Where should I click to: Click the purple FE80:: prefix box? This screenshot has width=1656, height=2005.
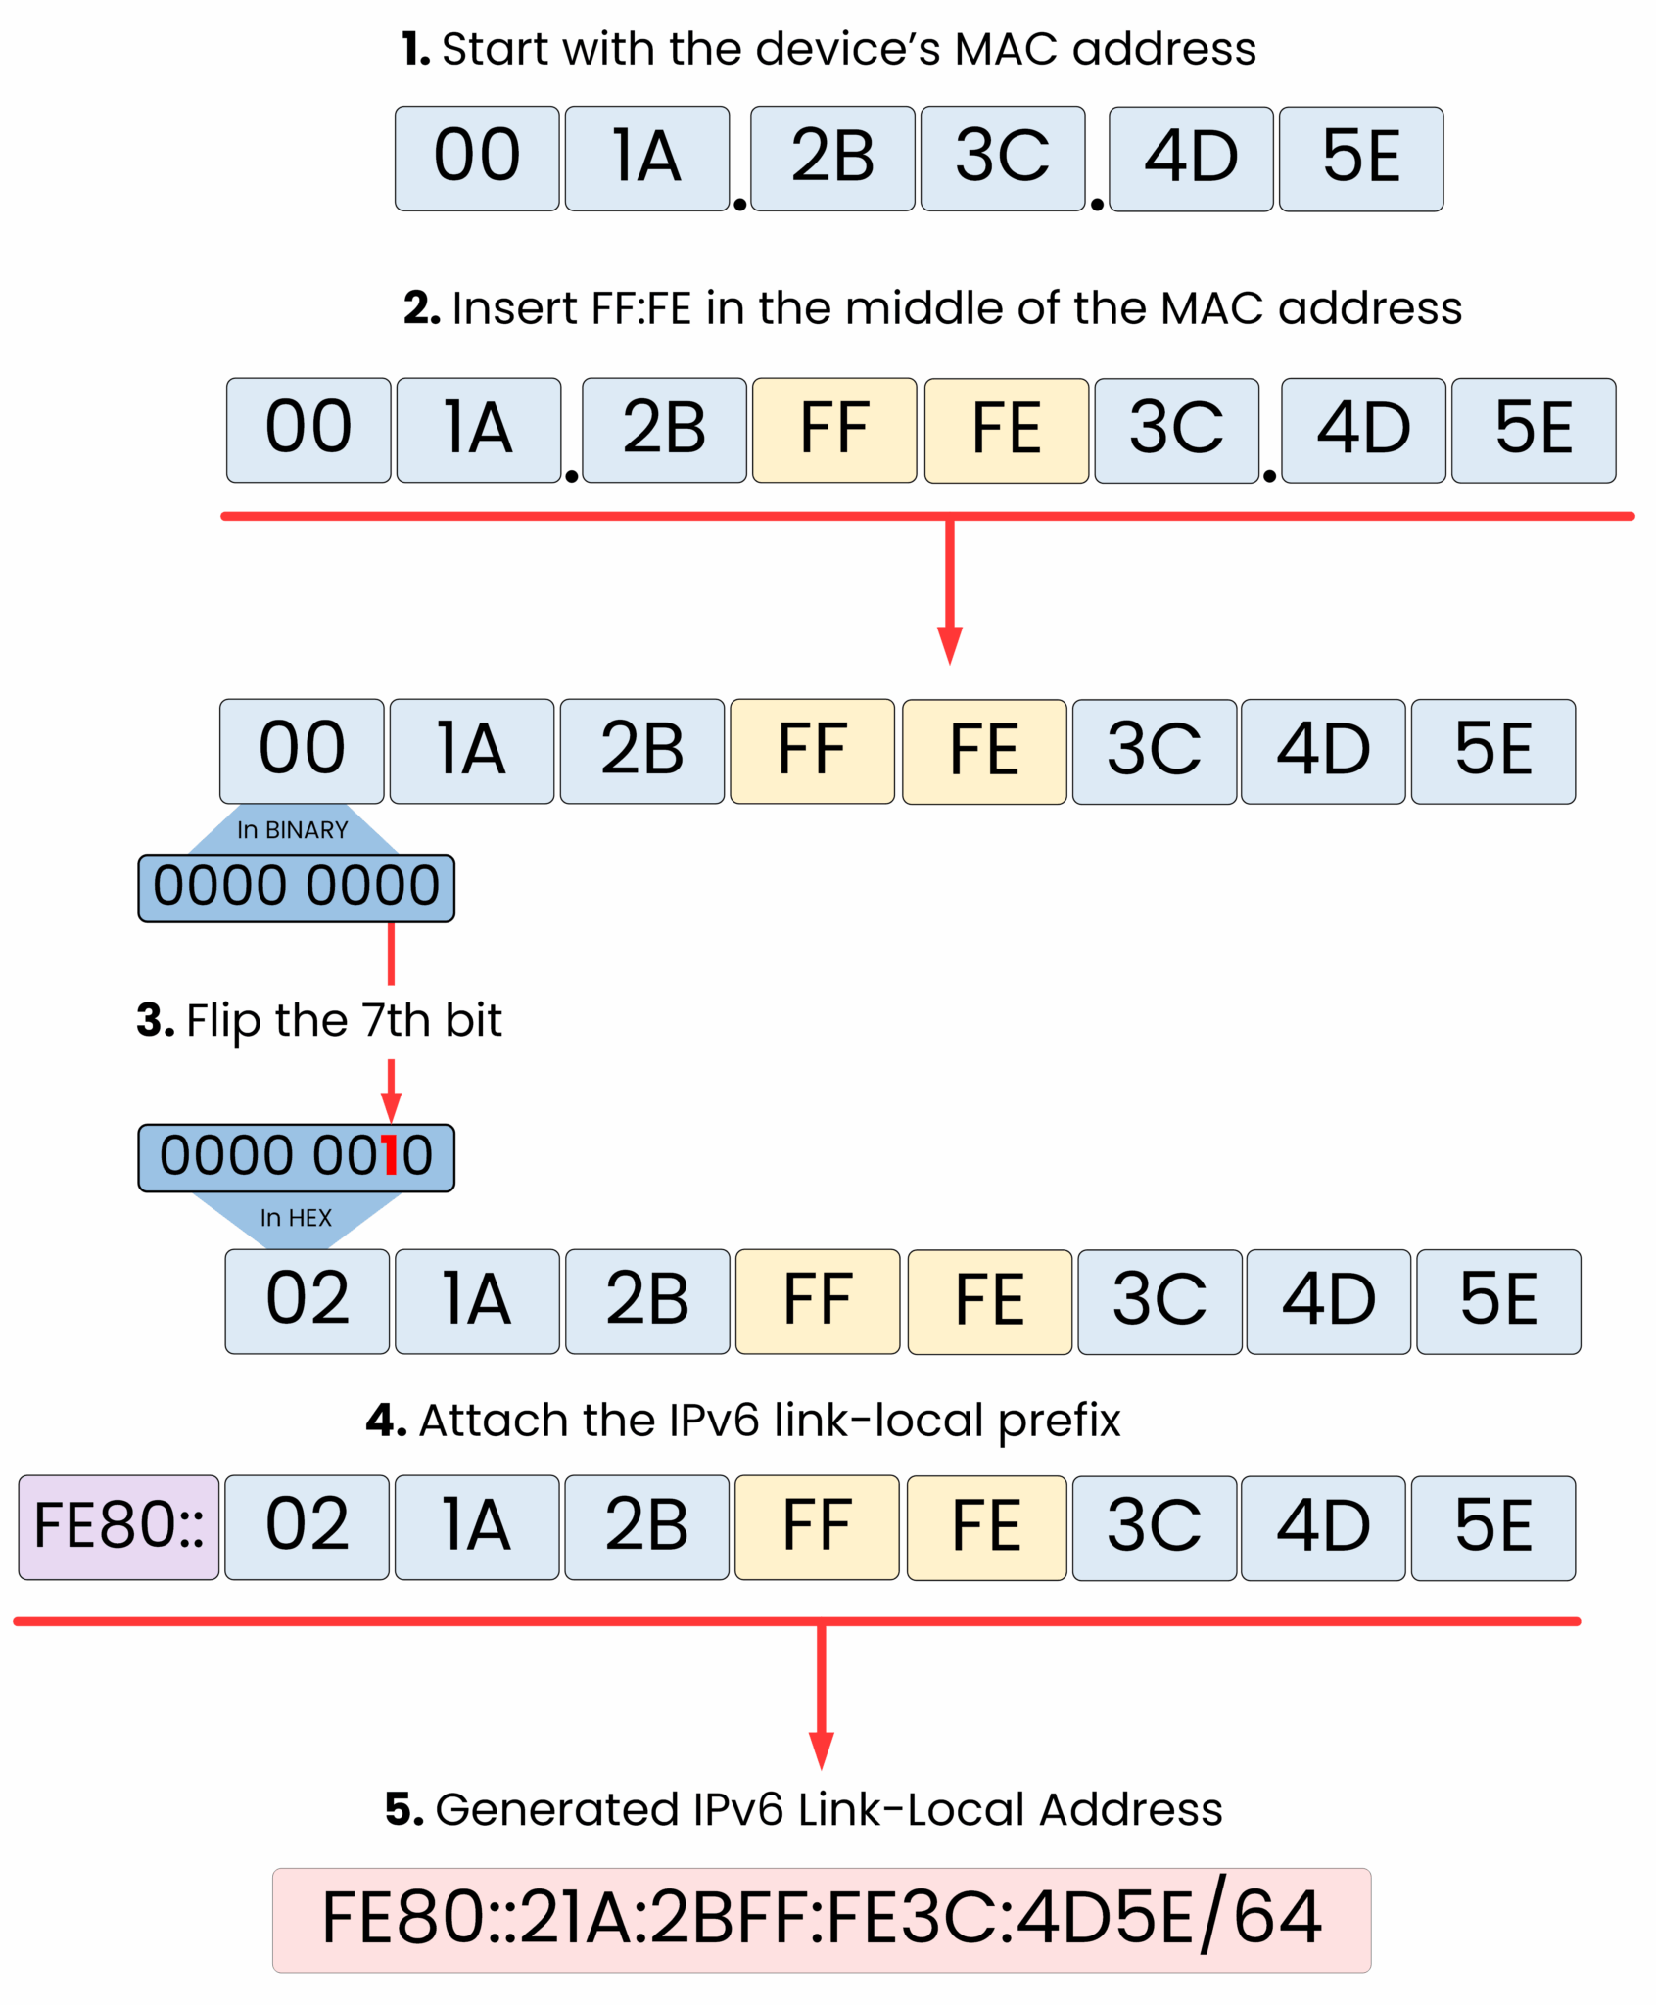(x=118, y=1526)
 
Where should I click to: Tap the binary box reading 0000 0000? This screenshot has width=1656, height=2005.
(x=296, y=887)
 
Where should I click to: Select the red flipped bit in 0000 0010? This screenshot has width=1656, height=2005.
(x=391, y=1156)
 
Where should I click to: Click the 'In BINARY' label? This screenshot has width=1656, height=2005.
(x=292, y=830)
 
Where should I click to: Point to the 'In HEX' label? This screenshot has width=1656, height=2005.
(x=295, y=1217)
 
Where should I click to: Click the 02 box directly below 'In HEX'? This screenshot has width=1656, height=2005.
(x=308, y=1301)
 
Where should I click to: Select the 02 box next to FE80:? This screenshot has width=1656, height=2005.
(x=308, y=1526)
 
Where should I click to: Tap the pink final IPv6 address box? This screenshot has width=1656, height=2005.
(x=822, y=1920)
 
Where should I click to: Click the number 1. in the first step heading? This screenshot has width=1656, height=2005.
(x=415, y=49)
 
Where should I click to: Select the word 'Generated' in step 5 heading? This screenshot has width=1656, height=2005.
(x=555, y=1809)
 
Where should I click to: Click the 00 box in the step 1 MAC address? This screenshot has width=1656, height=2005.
(x=477, y=158)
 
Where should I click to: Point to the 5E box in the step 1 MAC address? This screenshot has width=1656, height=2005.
(x=1361, y=158)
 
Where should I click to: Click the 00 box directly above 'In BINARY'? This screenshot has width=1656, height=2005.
(x=302, y=751)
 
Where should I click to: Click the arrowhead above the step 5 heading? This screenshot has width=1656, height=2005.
(x=822, y=1749)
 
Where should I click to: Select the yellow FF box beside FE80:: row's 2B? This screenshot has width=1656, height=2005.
(x=817, y=1526)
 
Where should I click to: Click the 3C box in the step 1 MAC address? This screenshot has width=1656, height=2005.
(x=1003, y=158)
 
